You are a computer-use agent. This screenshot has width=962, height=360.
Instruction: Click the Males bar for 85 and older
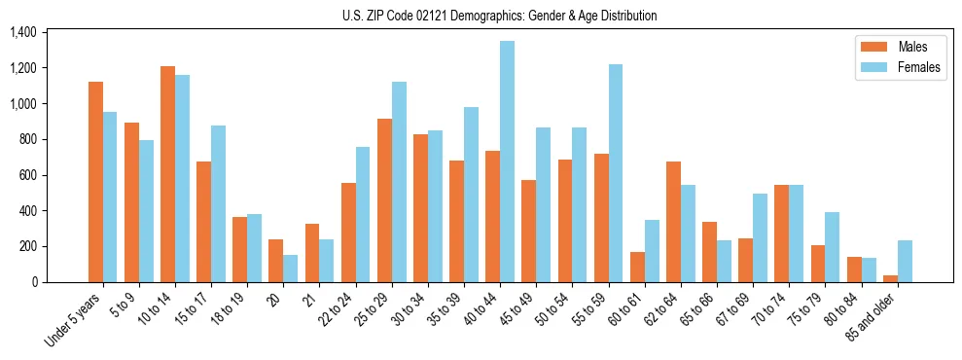click(890, 278)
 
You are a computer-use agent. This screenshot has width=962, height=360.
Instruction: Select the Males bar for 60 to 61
click(637, 267)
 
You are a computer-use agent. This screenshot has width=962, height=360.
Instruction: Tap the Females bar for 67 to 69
click(761, 237)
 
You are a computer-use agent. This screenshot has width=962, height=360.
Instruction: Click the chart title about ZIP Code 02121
click(499, 16)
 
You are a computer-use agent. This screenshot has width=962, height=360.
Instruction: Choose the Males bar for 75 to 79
click(817, 264)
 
